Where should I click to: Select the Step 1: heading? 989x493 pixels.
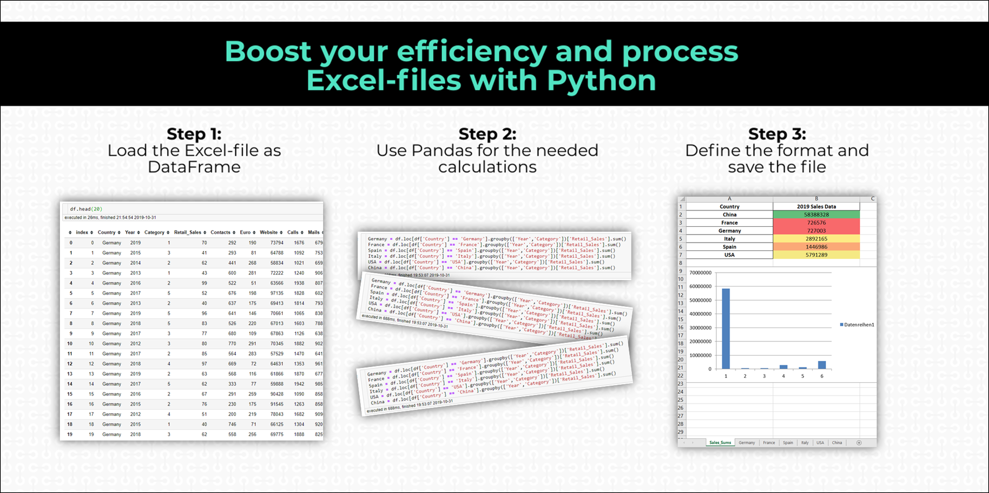pyautogui.click(x=194, y=134)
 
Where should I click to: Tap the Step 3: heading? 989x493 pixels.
pyautogui.click(x=777, y=134)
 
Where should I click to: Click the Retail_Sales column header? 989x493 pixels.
pyautogui.click(x=187, y=232)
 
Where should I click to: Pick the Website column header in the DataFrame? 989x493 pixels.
pyautogui.click(x=268, y=232)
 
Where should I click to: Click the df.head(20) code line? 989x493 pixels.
pyautogui.click(x=86, y=209)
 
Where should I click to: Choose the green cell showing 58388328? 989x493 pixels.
pyautogui.click(x=816, y=215)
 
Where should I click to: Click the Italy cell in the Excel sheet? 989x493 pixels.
pyautogui.click(x=729, y=239)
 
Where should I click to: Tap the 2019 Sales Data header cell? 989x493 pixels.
pyautogui.click(x=816, y=206)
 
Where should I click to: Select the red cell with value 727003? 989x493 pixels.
pyautogui.click(x=816, y=231)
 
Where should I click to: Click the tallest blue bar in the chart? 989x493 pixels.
pyautogui.click(x=726, y=328)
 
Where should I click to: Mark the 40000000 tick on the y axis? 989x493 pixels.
pyautogui.click(x=700, y=314)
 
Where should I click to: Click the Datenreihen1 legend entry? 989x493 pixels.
pyautogui.click(x=858, y=324)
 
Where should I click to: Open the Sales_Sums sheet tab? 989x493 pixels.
pyautogui.click(x=720, y=443)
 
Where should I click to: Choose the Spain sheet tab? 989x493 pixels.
pyautogui.click(x=788, y=443)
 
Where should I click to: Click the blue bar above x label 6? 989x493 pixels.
pyautogui.click(x=822, y=365)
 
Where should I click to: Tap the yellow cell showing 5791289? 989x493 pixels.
pyautogui.click(x=816, y=255)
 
